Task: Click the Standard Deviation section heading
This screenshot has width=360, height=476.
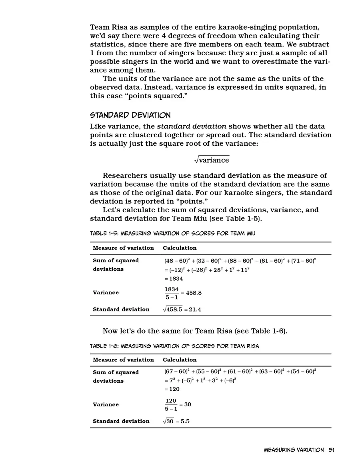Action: [130, 115]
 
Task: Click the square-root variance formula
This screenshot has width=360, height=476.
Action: [212, 160]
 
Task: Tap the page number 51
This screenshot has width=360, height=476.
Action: [331, 450]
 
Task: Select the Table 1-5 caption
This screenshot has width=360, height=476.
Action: [172, 233]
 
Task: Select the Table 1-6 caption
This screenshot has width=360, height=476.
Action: [174, 346]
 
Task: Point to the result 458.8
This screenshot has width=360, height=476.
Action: [194, 293]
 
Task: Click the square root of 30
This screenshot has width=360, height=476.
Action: [168, 421]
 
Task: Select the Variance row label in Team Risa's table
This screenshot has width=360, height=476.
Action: [106, 404]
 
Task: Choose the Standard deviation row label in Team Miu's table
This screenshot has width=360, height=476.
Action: [121, 309]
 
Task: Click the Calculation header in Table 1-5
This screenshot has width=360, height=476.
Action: [180, 248]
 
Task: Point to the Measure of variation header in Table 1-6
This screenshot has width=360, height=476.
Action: [123, 360]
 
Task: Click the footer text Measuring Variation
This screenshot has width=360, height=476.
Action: [294, 450]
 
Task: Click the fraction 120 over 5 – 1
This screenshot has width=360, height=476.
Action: [171, 404]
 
